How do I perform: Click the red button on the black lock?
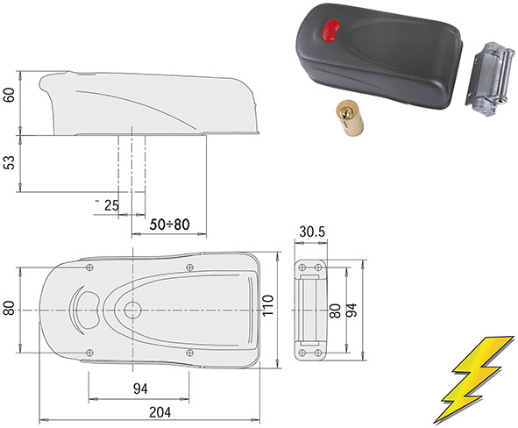click(x=331, y=31)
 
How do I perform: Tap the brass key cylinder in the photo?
click(x=350, y=119)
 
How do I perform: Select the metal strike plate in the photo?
click(x=490, y=79)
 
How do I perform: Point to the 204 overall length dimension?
click(x=160, y=412)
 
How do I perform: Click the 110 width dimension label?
click(x=268, y=305)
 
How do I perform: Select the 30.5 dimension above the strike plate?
click(x=312, y=232)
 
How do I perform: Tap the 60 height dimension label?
click(x=11, y=95)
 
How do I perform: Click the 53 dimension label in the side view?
click(x=11, y=162)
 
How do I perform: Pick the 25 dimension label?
click(x=111, y=205)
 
